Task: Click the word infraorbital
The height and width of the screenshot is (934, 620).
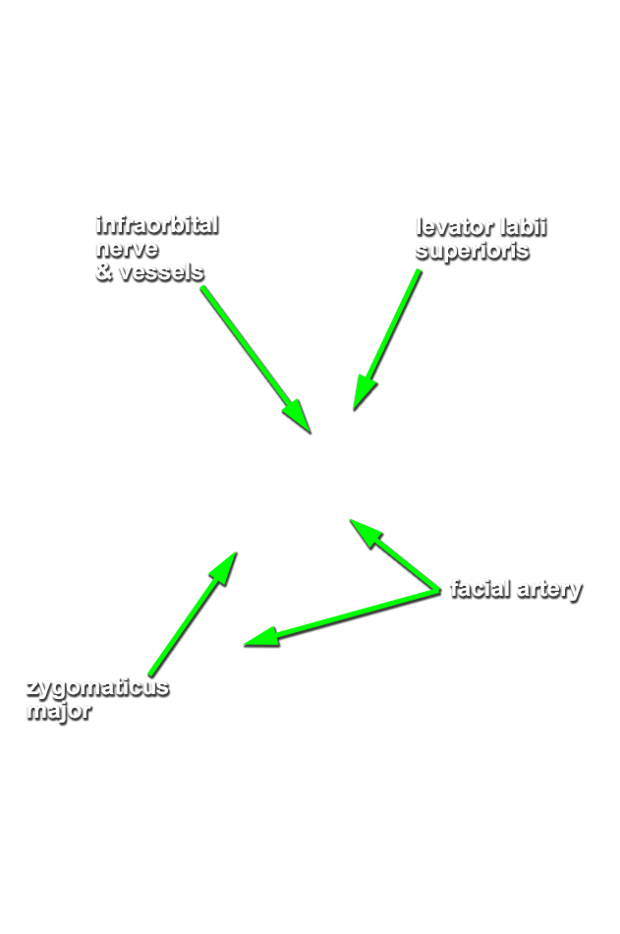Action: tap(156, 225)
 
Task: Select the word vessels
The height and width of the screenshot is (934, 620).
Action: tap(160, 271)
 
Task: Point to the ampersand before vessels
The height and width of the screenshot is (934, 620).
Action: tap(104, 271)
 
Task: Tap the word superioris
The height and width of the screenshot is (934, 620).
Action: tap(473, 251)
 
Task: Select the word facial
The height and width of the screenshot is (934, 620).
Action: tap(479, 589)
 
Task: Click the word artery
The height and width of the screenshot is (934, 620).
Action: tap(549, 590)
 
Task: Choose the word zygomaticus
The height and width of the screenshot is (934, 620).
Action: tap(97, 687)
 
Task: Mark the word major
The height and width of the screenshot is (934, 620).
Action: tap(60, 710)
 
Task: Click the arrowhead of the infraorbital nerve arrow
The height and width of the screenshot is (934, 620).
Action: tap(301, 421)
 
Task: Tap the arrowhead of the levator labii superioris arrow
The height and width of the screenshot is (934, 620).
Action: tap(363, 395)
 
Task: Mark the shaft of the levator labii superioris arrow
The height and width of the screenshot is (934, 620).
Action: tap(397, 325)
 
